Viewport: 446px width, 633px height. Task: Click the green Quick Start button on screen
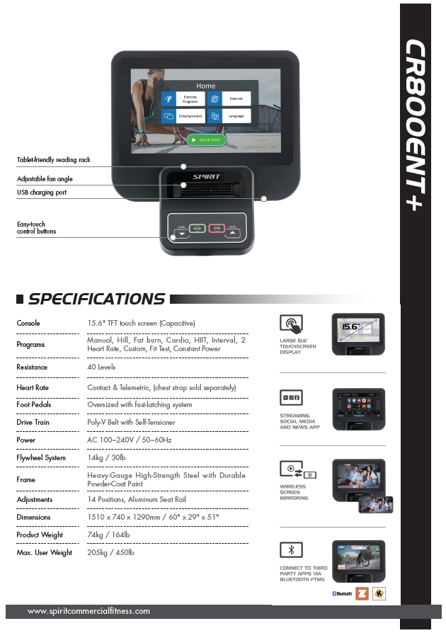click(206, 139)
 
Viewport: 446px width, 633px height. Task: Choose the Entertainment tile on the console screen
click(183, 116)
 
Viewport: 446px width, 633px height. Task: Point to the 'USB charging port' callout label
click(42, 193)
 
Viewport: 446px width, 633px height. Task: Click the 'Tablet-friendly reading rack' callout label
click(54, 160)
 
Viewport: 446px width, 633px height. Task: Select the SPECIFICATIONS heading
click(96, 300)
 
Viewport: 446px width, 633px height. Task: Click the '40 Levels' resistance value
click(101, 367)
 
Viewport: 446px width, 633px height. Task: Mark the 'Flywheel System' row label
click(41, 458)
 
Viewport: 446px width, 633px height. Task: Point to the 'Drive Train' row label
click(33, 423)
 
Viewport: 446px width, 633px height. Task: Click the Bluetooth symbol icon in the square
click(291, 549)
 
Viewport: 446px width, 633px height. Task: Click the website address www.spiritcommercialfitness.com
click(88, 611)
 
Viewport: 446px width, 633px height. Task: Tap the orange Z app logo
click(362, 593)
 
